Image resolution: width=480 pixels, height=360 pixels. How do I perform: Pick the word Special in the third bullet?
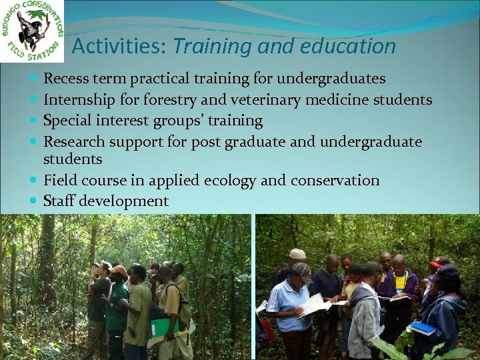click(67, 121)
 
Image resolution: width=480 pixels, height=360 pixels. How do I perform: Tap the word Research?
click(74, 141)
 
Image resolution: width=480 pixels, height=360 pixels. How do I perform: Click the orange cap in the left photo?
click(119, 269)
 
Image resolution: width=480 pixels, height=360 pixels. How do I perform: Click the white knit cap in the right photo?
click(297, 254)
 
